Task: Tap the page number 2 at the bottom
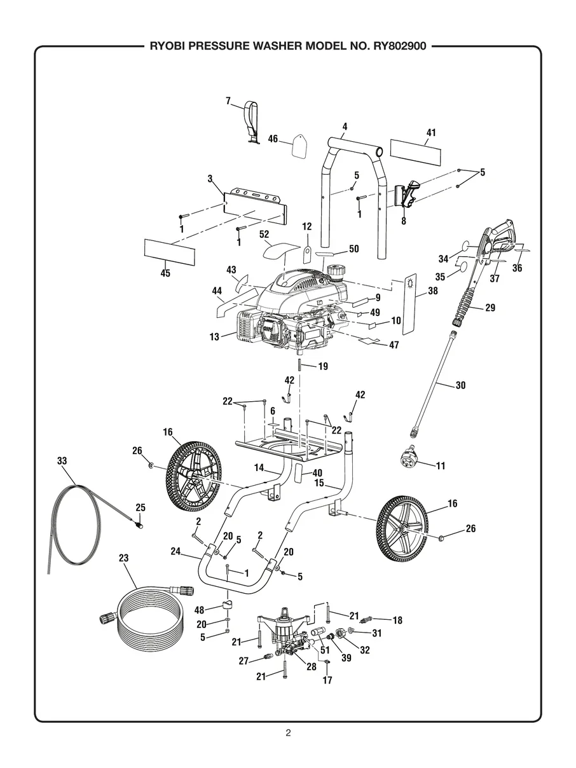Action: (288, 732)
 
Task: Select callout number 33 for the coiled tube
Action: (62, 461)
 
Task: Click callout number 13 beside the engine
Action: (214, 336)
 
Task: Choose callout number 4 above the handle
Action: (344, 127)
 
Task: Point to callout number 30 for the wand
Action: (461, 385)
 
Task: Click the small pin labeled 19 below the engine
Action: (298, 366)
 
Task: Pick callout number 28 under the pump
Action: (312, 666)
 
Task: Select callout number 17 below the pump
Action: (327, 680)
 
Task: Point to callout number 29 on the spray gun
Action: (490, 308)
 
